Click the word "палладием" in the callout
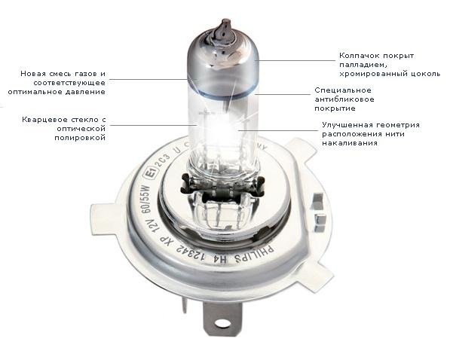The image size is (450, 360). point(363,65)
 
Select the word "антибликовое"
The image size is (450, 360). point(344,99)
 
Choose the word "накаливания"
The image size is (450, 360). point(350,143)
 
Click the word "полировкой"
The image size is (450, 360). point(80,138)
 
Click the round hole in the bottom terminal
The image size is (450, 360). point(222,323)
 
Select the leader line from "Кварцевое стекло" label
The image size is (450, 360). point(154,125)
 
